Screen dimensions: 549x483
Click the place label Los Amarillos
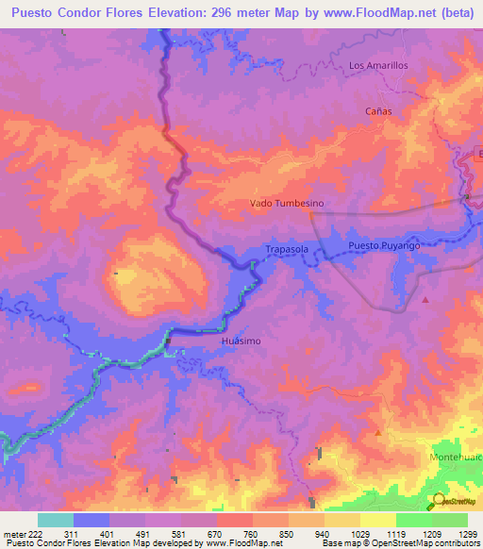click(x=377, y=65)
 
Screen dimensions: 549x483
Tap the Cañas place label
click(x=377, y=110)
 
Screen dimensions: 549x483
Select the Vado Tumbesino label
click(x=287, y=203)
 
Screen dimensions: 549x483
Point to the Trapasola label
click(x=287, y=249)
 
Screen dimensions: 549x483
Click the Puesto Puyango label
click(x=383, y=245)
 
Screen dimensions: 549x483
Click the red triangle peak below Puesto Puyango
click(x=425, y=301)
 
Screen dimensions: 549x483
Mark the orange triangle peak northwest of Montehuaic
click(x=378, y=433)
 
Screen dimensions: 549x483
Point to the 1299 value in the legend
click(x=457, y=534)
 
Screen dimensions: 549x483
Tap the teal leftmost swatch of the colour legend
click(x=55, y=520)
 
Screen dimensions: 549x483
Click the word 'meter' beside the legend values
click(x=14, y=534)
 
